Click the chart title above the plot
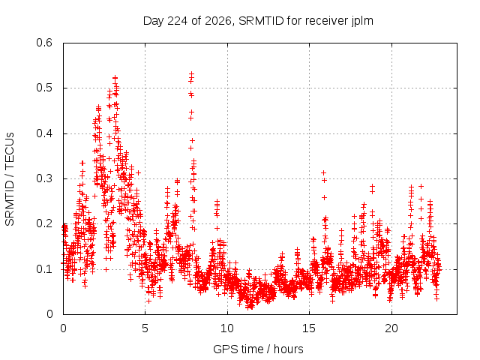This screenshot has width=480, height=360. coord(258,21)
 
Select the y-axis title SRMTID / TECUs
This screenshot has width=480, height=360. coord(10,179)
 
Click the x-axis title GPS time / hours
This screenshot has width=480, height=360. coord(258,349)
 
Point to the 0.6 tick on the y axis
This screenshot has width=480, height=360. coord(44,43)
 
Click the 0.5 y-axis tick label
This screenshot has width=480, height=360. coord(44,88)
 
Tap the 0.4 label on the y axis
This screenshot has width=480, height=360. coord(44,133)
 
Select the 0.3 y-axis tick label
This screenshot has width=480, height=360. coord(44,178)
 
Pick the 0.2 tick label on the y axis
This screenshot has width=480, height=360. coord(44,223)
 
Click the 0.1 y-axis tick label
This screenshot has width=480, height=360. coord(44,269)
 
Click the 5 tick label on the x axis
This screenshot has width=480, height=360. coord(145,328)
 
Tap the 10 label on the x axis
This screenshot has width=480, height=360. coord(227,328)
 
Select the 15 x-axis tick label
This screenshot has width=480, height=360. coord(309,328)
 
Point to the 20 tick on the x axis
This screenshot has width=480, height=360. coord(391,328)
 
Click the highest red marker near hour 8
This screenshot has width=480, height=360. coord(192,73)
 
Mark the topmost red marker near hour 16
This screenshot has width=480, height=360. coord(323,173)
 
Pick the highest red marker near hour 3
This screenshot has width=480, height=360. coord(115,78)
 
